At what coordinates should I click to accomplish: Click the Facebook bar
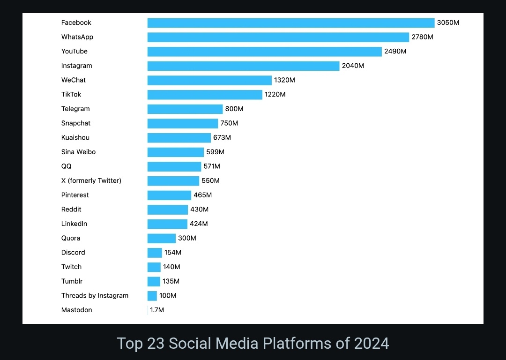[x=290, y=23]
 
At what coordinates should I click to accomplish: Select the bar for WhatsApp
[x=278, y=37]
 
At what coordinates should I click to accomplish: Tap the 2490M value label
[x=395, y=52]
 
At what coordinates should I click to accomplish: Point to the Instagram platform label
[x=76, y=66]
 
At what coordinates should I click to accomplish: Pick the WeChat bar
[x=209, y=80]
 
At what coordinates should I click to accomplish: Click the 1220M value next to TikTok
[x=275, y=95]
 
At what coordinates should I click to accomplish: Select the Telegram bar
[x=185, y=109]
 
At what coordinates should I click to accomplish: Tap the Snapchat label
[x=76, y=123]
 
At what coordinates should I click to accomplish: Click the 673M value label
[x=222, y=138]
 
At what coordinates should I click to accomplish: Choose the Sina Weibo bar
[x=175, y=152]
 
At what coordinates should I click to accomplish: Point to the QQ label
[x=67, y=166]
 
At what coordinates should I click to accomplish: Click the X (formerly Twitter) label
[x=91, y=181]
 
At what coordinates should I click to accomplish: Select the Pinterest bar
[x=169, y=195]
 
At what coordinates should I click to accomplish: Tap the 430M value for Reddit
[x=199, y=210]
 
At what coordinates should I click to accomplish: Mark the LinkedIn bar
[x=167, y=224]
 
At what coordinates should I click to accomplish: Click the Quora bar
[x=161, y=239]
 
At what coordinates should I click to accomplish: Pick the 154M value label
[x=172, y=253]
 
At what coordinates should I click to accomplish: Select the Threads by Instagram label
[x=95, y=296]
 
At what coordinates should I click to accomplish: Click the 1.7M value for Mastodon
[x=157, y=310]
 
